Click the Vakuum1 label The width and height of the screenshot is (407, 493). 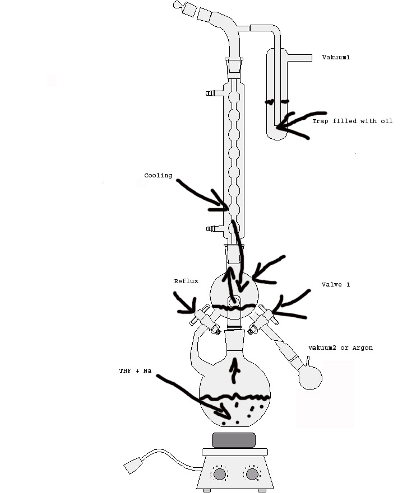pyautogui.click(x=336, y=57)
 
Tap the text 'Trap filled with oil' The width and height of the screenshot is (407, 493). pyautogui.click(x=353, y=121)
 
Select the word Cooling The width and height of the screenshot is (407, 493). pyautogui.click(x=158, y=176)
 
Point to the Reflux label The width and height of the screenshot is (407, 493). pyautogui.click(x=186, y=281)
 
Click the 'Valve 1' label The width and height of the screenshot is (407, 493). pyautogui.click(x=336, y=284)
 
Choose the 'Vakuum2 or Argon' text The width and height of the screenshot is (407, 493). pyautogui.click(x=340, y=348)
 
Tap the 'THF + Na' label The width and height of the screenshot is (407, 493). pyautogui.click(x=135, y=370)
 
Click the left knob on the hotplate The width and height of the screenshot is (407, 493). pyautogui.click(x=219, y=474)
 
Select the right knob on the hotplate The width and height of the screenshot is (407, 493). pyautogui.click(x=252, y=474)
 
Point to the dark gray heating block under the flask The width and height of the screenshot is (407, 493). pyautogui.click(x=234, y=440)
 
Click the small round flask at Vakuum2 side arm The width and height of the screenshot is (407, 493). pyautogui.click(x=310, y=378)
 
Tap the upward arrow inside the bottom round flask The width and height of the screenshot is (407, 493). pyautogui.click(x=234, y=370)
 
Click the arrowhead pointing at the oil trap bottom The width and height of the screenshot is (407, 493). pyautogui.click(x=281, y=126)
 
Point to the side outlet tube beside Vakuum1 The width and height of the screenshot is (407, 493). pyautogui.click(x=299, y=58)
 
